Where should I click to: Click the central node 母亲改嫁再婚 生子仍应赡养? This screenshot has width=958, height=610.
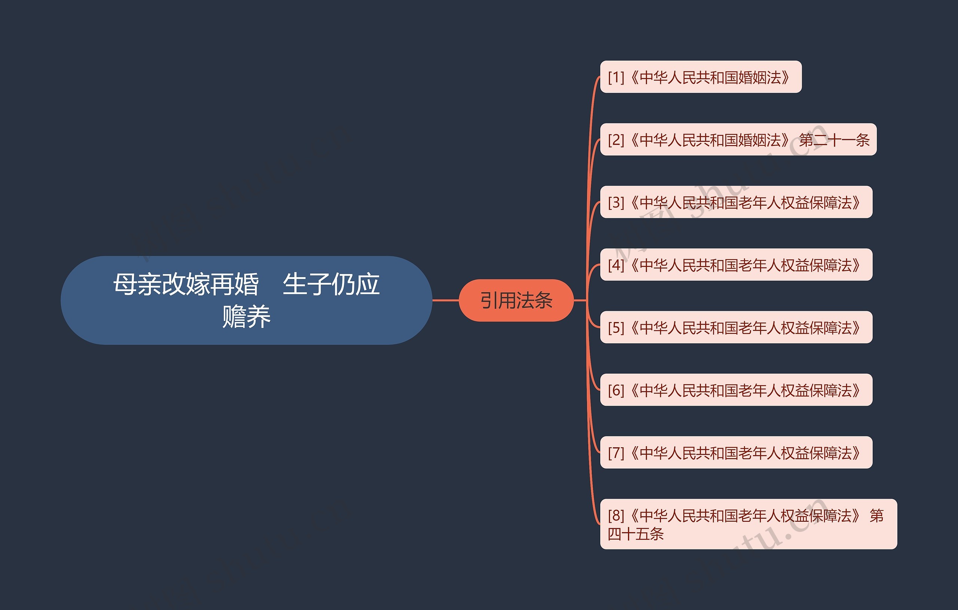tap(246, 300)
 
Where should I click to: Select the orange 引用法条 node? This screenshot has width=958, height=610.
tap(516, 300)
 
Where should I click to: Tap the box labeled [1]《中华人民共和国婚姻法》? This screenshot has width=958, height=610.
tap(700, 77)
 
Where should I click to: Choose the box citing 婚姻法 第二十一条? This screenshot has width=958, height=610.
tap(738, 140)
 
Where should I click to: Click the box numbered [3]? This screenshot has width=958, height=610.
tap(736, 202)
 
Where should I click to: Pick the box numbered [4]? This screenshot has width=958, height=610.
tap(736, 265)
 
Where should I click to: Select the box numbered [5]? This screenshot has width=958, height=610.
tap(736, 327)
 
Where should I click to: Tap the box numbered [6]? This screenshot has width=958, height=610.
tap(736, 390)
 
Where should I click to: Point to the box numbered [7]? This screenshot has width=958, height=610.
tap(736, 453)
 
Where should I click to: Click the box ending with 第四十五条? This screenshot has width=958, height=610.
tap(748, 524)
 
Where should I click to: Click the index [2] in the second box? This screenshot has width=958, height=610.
tap(616, 140)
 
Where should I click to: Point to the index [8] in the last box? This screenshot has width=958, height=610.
tap(616, 516)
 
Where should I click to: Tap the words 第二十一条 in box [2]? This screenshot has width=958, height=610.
tap(834, 140)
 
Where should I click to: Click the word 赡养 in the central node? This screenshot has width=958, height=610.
tap(246, 317)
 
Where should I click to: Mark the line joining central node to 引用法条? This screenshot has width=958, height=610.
tap(446, 300)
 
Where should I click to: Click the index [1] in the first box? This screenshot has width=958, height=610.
tap(616, 77)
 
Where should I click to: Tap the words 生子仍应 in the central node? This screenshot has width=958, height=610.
tap(331, 284)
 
